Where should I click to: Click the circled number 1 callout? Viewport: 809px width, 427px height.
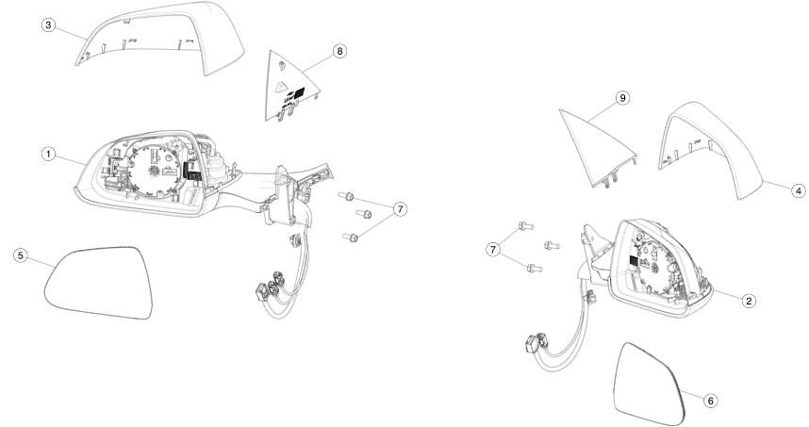coord(48,154)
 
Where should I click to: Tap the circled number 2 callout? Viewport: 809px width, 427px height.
coord(750,300)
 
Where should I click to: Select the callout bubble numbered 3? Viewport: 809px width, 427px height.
coord(48,25)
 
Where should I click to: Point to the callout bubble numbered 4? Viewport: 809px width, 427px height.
coord(799,190)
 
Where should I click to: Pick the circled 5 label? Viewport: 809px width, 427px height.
coord(21,255)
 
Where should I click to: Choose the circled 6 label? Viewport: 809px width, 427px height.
coord(711,401)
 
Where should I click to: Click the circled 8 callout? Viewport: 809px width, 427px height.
coord(339,51)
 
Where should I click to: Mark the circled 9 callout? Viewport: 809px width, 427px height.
coord(622,97)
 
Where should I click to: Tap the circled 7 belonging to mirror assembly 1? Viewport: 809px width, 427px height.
coord(400,209)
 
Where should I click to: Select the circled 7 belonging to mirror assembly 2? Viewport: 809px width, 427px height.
coord(493,250)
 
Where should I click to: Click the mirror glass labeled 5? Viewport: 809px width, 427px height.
coord(98,283)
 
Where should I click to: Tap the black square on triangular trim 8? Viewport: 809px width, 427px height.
coord(299,92)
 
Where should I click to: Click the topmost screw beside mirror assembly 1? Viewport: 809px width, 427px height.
coord(346,196)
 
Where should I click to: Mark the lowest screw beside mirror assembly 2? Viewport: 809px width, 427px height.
coord(535,268)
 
